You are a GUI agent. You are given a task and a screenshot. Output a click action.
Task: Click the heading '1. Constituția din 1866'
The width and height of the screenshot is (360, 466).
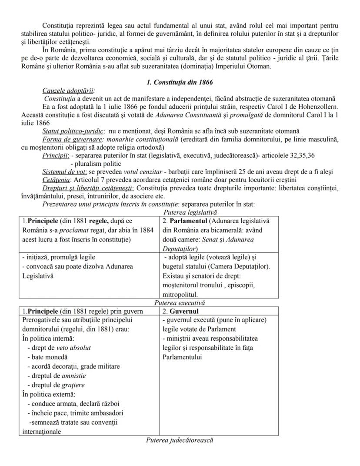tap(180, 83)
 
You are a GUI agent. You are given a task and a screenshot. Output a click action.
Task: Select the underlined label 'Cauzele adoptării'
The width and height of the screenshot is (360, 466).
tap(68, 91)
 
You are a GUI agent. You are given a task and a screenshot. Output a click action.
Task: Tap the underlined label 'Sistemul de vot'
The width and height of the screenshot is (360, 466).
tap(64, 171)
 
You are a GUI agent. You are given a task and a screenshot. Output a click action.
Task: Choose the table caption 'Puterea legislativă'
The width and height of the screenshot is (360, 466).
tap(190, 212)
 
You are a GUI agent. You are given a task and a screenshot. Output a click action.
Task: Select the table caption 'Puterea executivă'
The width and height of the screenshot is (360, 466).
tap(180, 303)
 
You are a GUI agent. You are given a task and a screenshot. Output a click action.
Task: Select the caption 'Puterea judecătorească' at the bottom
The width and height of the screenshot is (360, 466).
tap(180, 440)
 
